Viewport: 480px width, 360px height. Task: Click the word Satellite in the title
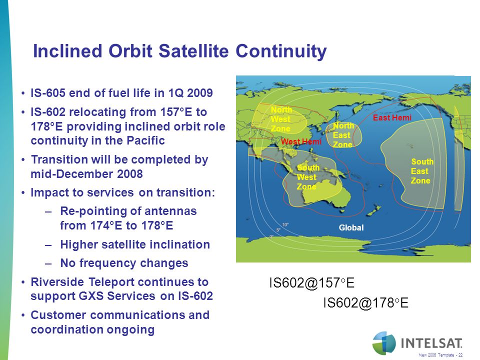click(193, 51)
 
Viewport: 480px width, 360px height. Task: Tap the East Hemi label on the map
click(392, 117)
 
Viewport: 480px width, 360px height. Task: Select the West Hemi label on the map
click(301, 141)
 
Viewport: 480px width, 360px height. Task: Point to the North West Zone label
click(281, 119)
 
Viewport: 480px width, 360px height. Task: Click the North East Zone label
click(343, 135)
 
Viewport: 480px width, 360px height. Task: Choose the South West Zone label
click(308, 177)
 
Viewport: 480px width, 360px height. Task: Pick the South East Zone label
click(422, 171)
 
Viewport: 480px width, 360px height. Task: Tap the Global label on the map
click(351, 227)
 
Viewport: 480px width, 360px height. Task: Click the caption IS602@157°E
click(311, 282)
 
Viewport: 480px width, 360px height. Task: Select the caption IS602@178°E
click(366, 303)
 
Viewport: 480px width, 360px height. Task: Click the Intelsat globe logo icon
click(384, 343)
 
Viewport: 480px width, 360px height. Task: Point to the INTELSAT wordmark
click(431, 343)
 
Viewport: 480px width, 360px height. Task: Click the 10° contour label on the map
click(285, 224)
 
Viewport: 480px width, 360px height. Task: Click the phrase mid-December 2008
click(86, 174)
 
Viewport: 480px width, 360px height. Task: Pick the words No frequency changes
click(124, 263)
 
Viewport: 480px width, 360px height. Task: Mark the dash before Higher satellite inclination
click(48, 245)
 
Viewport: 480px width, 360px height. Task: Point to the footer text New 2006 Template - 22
click(441, 355)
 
